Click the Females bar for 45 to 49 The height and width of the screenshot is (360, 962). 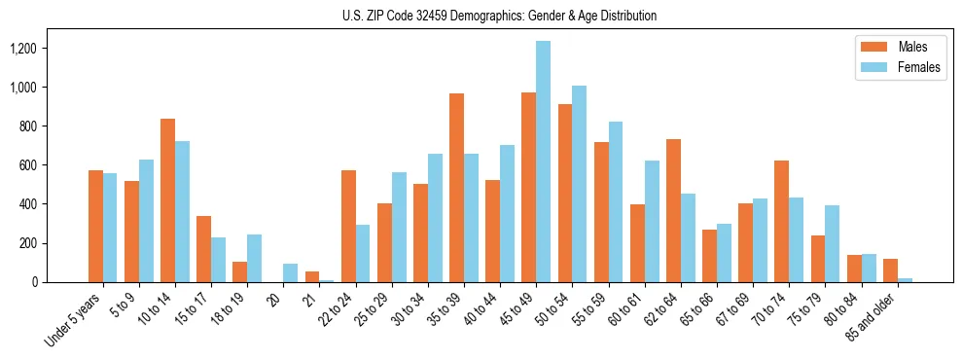point(543,162)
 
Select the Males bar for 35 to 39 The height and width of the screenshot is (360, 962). point(456,188)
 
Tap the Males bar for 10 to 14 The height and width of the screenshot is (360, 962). point(167,200)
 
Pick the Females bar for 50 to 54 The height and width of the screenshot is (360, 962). point(579,184)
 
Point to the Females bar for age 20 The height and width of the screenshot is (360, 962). point(291,273)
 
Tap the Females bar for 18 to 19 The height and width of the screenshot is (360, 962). point(254,258)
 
